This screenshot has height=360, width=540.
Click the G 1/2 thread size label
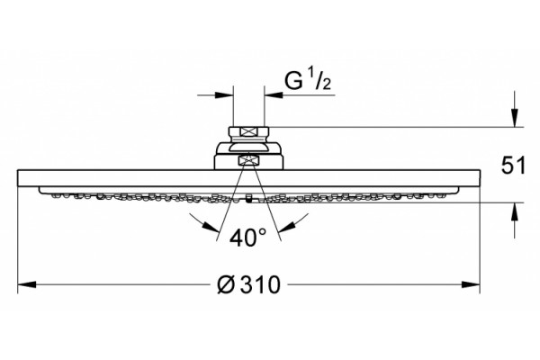coord(308,81)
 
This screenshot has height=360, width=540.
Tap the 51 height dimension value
coord(514,166)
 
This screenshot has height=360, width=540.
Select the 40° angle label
coord(248,238)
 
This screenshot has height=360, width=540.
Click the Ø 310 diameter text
coord(248,285)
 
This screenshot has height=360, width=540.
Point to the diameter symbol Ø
coord(226,285)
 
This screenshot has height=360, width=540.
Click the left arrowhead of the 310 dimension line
coord(27,284)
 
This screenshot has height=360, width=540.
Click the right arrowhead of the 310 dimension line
coord(471,284)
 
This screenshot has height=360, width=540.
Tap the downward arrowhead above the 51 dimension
coord(515,118)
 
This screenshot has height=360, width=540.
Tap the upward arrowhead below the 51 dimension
coord(515,211)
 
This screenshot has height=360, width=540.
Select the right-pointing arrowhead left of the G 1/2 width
coord(224,95)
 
